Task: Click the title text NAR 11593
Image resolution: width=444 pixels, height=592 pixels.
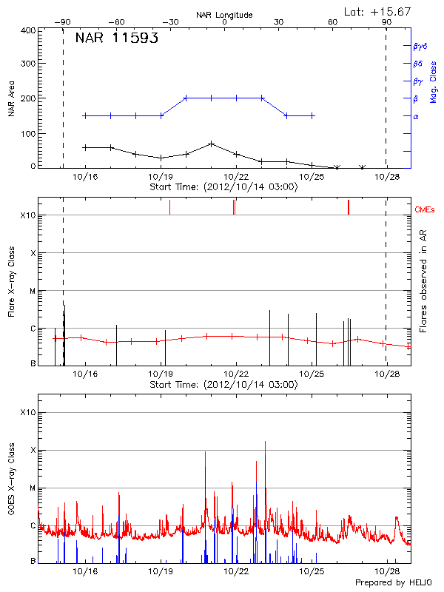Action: click(116, 39)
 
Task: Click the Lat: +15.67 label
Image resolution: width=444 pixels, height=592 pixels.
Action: click(379, 11)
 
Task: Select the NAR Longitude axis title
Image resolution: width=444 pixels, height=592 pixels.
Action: click(224, 15)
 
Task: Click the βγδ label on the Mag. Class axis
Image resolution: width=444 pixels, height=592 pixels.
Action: click(420, 46)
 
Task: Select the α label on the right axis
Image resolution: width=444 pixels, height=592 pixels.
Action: click(416, 116)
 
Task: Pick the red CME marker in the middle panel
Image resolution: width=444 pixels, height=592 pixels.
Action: click(349, 207)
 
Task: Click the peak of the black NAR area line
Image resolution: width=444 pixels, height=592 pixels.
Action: click(212, 144)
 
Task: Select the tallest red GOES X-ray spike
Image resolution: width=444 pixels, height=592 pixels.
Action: click(265, 443)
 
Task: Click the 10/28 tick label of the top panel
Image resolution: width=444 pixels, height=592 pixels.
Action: click(388, 177)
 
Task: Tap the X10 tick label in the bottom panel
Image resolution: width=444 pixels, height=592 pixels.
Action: click(28, 412)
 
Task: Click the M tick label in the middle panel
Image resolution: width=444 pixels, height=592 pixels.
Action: click(32, 291)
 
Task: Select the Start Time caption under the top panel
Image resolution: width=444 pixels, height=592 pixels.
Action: click(223, 186)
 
